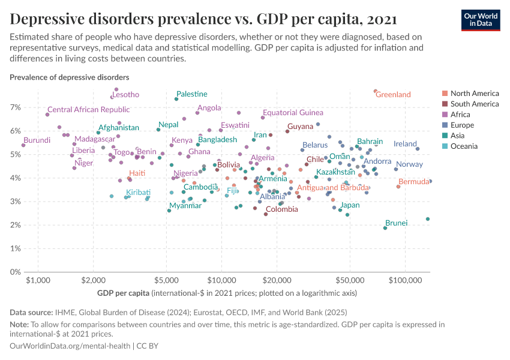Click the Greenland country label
pyautogui.click(x=393, y=95)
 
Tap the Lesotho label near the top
pyautogui.click(x=125, y=95)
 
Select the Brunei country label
pyautogui.click(x=397, y=223)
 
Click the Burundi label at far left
pyautogui.click(x=37, y=140)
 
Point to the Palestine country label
pyautogui.click(x=192, y=94)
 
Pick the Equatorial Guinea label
pyautogui.click(x=293, y=113)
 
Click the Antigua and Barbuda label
pyautogui.click(x=333, y=188)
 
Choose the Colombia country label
pyautogui.click(x=281, y=209)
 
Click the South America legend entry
pyautogui.click(x=474, y=104)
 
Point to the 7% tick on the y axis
pyautogui.click(x=14, y=107)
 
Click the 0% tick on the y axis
pyautogui.click(x=14, y=272)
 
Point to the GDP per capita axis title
pyautogui.click(x=123, y=293)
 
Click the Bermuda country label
pyautogui.click(x=413, y=182)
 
